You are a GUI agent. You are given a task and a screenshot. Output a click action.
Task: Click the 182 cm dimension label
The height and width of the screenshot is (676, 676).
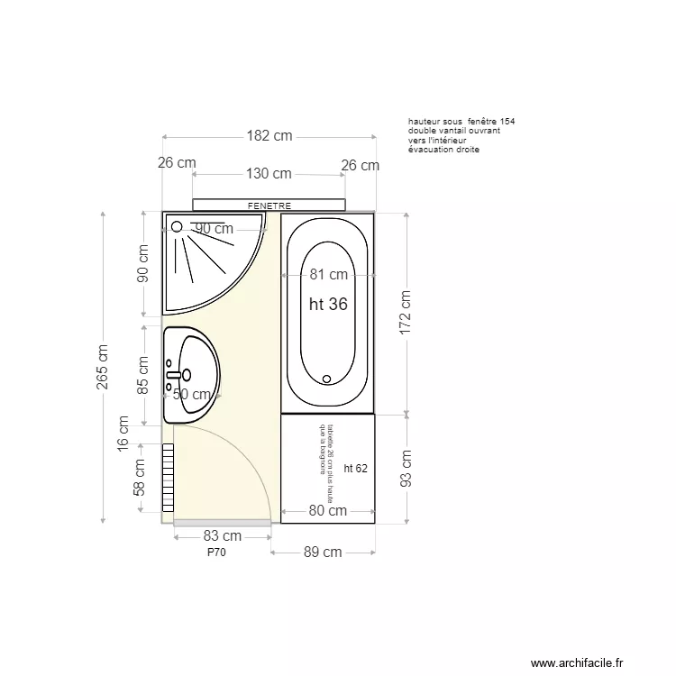click(x=269, y=136)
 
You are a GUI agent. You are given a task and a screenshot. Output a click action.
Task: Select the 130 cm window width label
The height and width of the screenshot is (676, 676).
click(x=269, y=173)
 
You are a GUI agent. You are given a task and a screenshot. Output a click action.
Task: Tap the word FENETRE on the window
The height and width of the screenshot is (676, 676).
click(x=269, y=206)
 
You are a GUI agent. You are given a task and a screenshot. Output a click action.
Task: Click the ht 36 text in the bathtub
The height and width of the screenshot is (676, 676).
click(x=328, y=305)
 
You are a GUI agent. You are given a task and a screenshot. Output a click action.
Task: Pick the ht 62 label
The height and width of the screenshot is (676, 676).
click(x=355, y=468)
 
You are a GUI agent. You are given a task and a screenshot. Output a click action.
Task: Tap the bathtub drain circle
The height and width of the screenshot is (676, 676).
click(x=327, y=379)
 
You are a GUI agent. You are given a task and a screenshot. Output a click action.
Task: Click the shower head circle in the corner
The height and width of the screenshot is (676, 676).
click(x=177, y=227)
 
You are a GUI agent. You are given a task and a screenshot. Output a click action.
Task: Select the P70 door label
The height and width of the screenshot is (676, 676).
click(x=216, y=553)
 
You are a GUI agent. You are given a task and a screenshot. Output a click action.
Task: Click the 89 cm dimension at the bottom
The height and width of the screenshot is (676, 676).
click(x=323, y=552)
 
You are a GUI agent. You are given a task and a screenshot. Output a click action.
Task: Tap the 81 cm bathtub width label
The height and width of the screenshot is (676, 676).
click(x=328, y=275)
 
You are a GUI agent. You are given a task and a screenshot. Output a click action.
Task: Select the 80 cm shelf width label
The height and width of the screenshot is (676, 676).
click(x=328, y=511)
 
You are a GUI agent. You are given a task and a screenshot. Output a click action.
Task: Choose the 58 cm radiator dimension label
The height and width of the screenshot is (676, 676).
click(x=140, y=478)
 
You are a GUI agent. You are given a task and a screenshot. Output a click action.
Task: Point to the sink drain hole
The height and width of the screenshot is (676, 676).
click(x=187, y=374)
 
